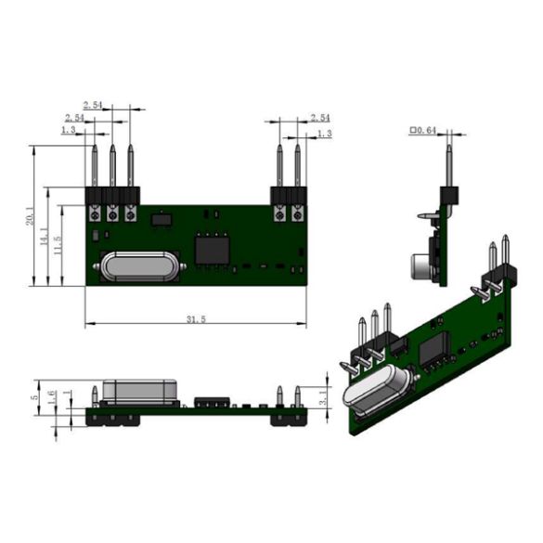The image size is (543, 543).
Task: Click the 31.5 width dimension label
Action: (195, 319)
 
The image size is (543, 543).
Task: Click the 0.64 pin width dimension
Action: (424, 131)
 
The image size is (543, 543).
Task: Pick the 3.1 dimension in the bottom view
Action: (322, 397)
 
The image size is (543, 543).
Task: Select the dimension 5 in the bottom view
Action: (36, 398)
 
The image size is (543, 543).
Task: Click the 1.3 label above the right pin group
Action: (324, 135)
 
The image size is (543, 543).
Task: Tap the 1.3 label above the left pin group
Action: (68, 131)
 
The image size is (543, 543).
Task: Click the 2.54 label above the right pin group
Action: (320, 118)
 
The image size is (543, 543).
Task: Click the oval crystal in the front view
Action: (138, 267)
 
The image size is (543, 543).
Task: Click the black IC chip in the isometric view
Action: (432, 349)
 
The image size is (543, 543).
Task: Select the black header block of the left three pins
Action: (112, 196)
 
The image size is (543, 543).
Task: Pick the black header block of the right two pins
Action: (288, 196)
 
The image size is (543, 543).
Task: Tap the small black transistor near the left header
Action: (161, 220)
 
